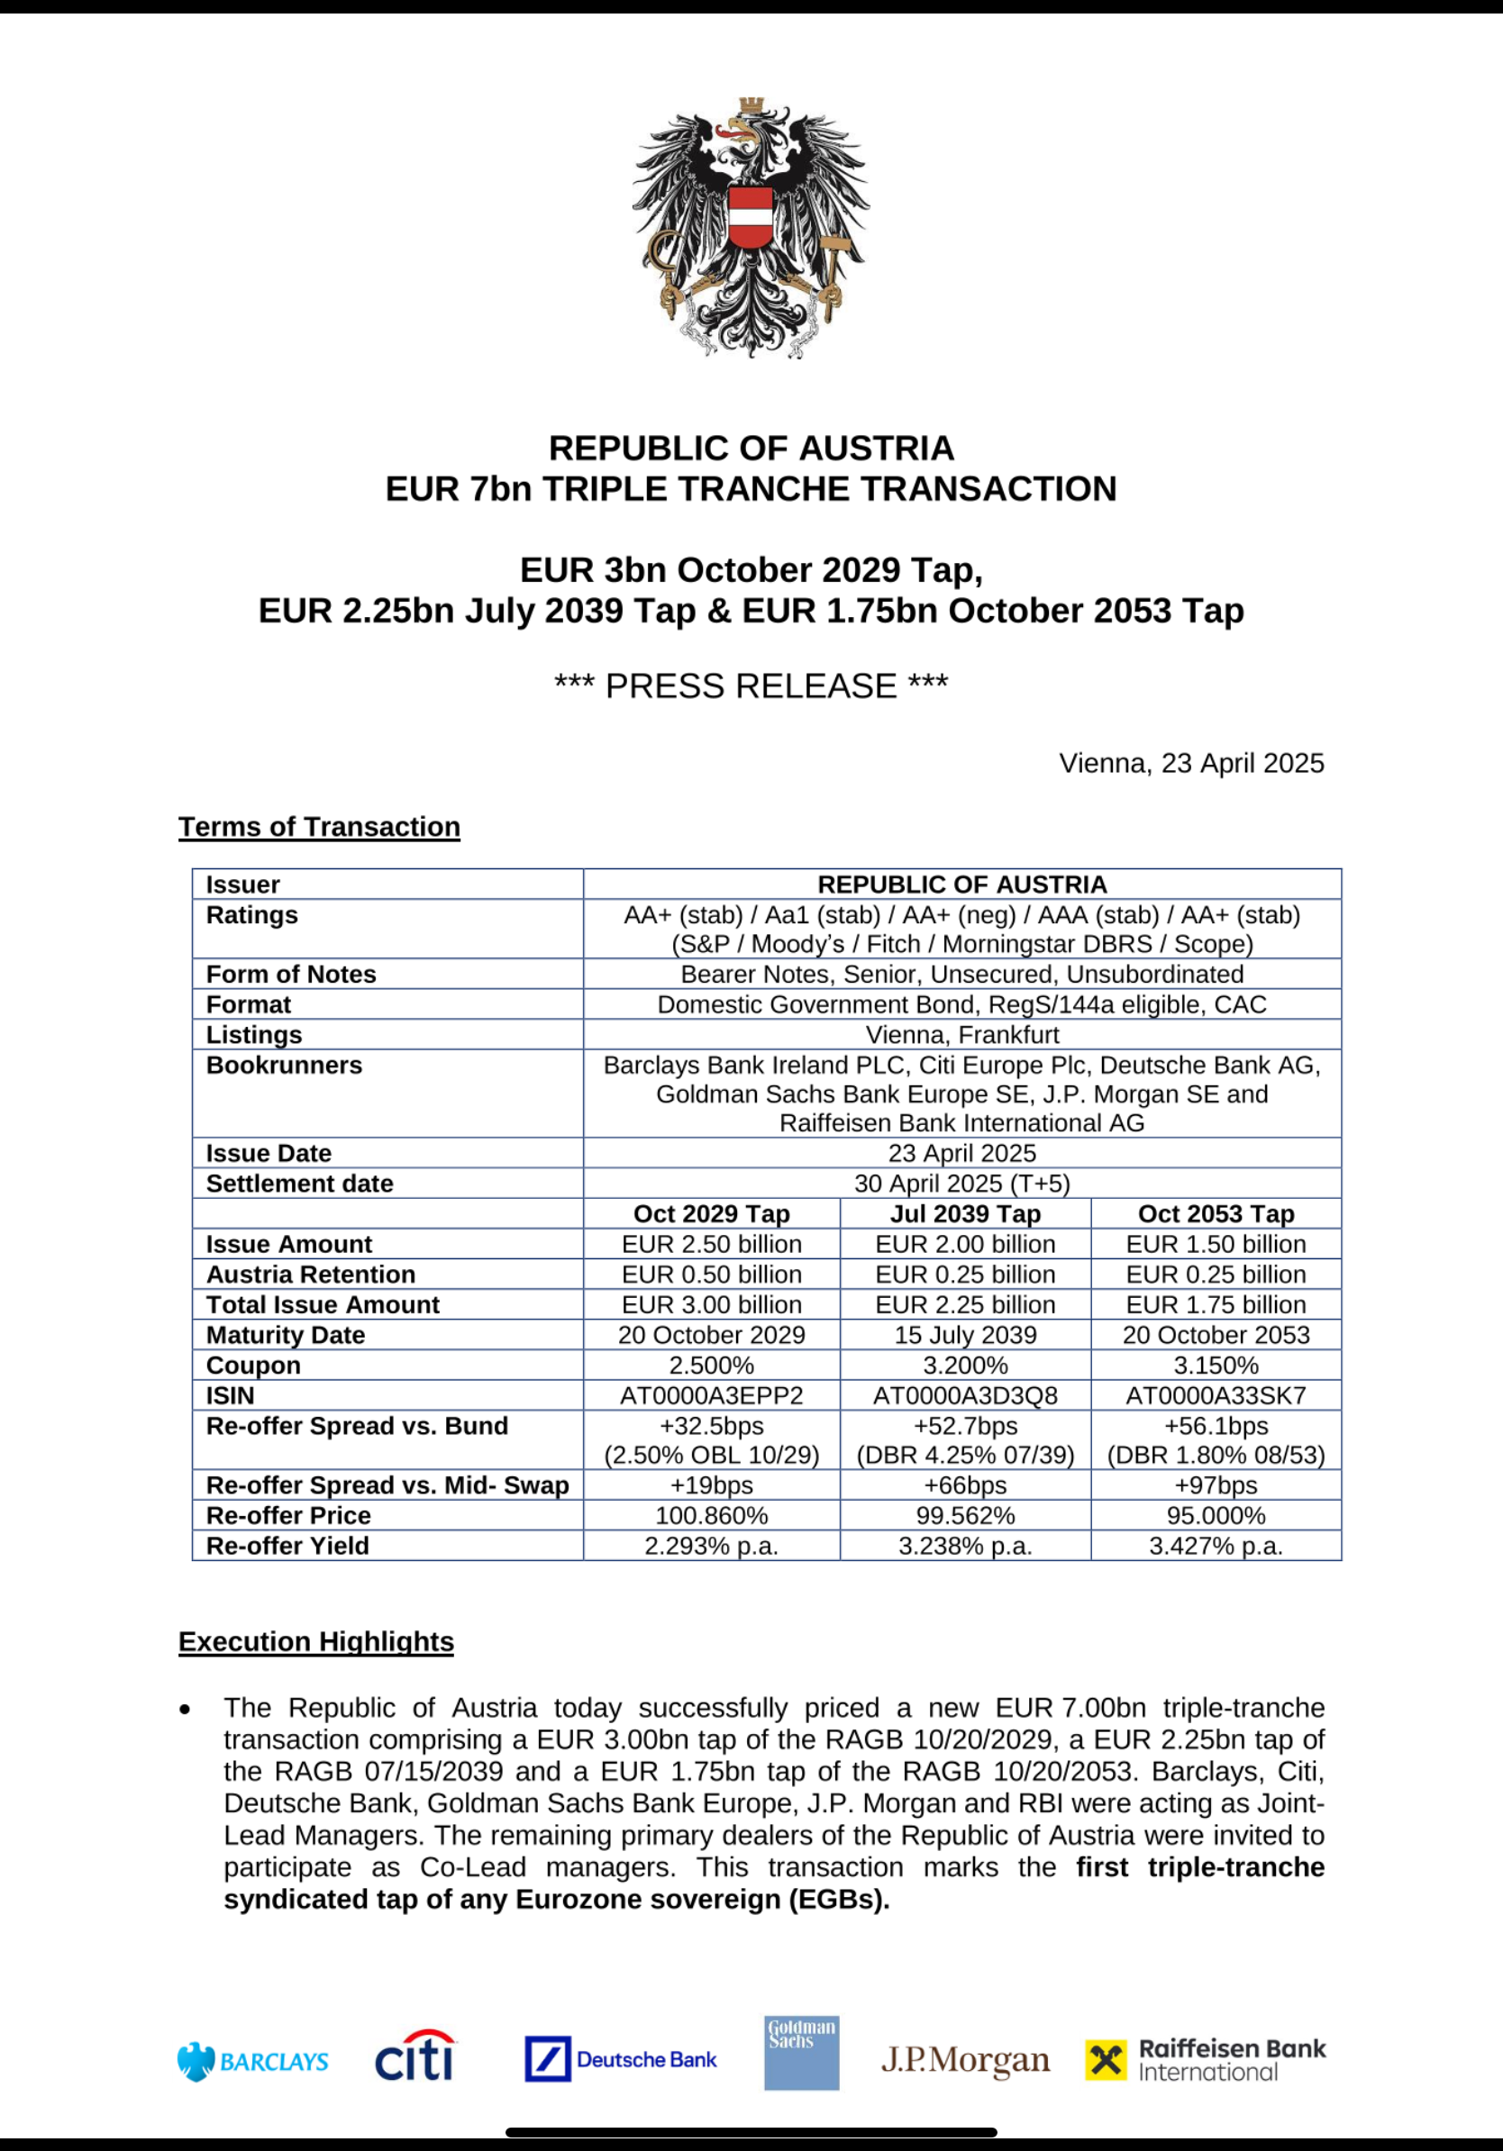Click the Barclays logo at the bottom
point(252,2061)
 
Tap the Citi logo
point(414,2056)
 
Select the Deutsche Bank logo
point(620,2059)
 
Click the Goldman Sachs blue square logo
point(801,2053)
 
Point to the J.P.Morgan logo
point(965,2060)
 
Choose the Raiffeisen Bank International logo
point(1205,2059)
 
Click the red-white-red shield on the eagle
point(751,216)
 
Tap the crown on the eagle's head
point(751,106)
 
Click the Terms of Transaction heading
point(319,826)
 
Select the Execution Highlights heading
point(315,1641)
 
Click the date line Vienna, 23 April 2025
point(1191,764)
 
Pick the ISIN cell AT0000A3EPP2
point(711,1396)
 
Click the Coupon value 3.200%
point(965,1365)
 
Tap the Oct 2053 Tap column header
point(1216,1214)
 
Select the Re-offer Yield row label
point(287,1546)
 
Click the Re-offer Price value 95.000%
point(1216,1516)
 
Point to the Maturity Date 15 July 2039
point(965,1335)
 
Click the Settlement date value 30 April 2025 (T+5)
point(961,1184)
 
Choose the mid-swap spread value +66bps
point(965,1486)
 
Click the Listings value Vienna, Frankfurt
point(961,1035)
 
